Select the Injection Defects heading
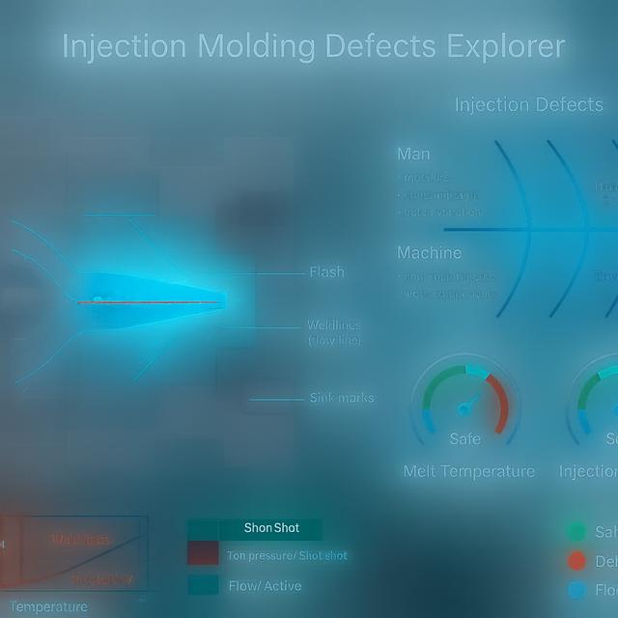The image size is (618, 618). [528, 105]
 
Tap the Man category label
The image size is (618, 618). [413, 154]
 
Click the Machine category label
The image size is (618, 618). [430, 253]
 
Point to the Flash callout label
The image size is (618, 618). [326, 272]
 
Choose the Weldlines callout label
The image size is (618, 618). [334, 325]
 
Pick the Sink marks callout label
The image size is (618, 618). [342, 398]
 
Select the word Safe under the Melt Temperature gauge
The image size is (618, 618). [464, 439]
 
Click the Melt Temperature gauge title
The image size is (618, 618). [468, 471]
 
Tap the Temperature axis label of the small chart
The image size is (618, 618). [48, 606]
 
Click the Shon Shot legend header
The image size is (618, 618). [271, 528]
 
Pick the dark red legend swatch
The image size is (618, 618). [203, 554]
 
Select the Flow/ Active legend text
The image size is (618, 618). [264, 585]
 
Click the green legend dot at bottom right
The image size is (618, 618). [577, 532]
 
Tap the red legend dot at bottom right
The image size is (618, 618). [577, 561]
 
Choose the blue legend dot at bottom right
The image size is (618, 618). [577, 590]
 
